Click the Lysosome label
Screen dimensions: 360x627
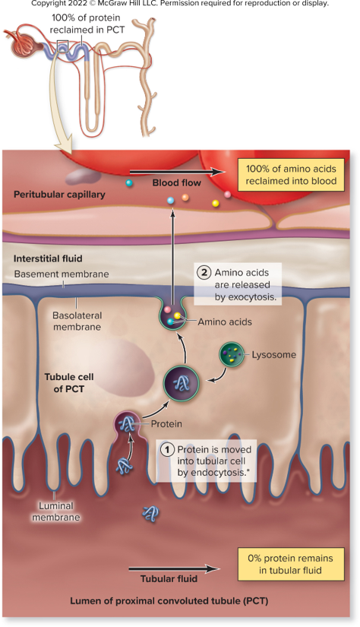click(273, 355)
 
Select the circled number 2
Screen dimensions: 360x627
click(204, 273)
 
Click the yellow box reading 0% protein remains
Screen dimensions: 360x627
click(290, 564)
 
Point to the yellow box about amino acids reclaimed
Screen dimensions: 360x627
click(291, 175)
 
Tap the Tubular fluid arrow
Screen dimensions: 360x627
click(174, 568)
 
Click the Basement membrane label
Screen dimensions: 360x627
click(62, 274)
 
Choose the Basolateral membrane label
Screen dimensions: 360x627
click(77, 321)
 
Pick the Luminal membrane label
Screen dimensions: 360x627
click(56, 511)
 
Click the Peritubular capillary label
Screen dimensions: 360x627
click(59, 195)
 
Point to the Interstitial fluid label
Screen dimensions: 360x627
click(48, 258)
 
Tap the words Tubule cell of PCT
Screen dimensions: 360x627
click(68, 382)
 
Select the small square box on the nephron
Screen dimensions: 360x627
click(63, 46)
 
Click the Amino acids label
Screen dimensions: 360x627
click(225, 322)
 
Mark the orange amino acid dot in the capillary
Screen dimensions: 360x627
click(185, 197)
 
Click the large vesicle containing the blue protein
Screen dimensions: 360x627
click(182, 384)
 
